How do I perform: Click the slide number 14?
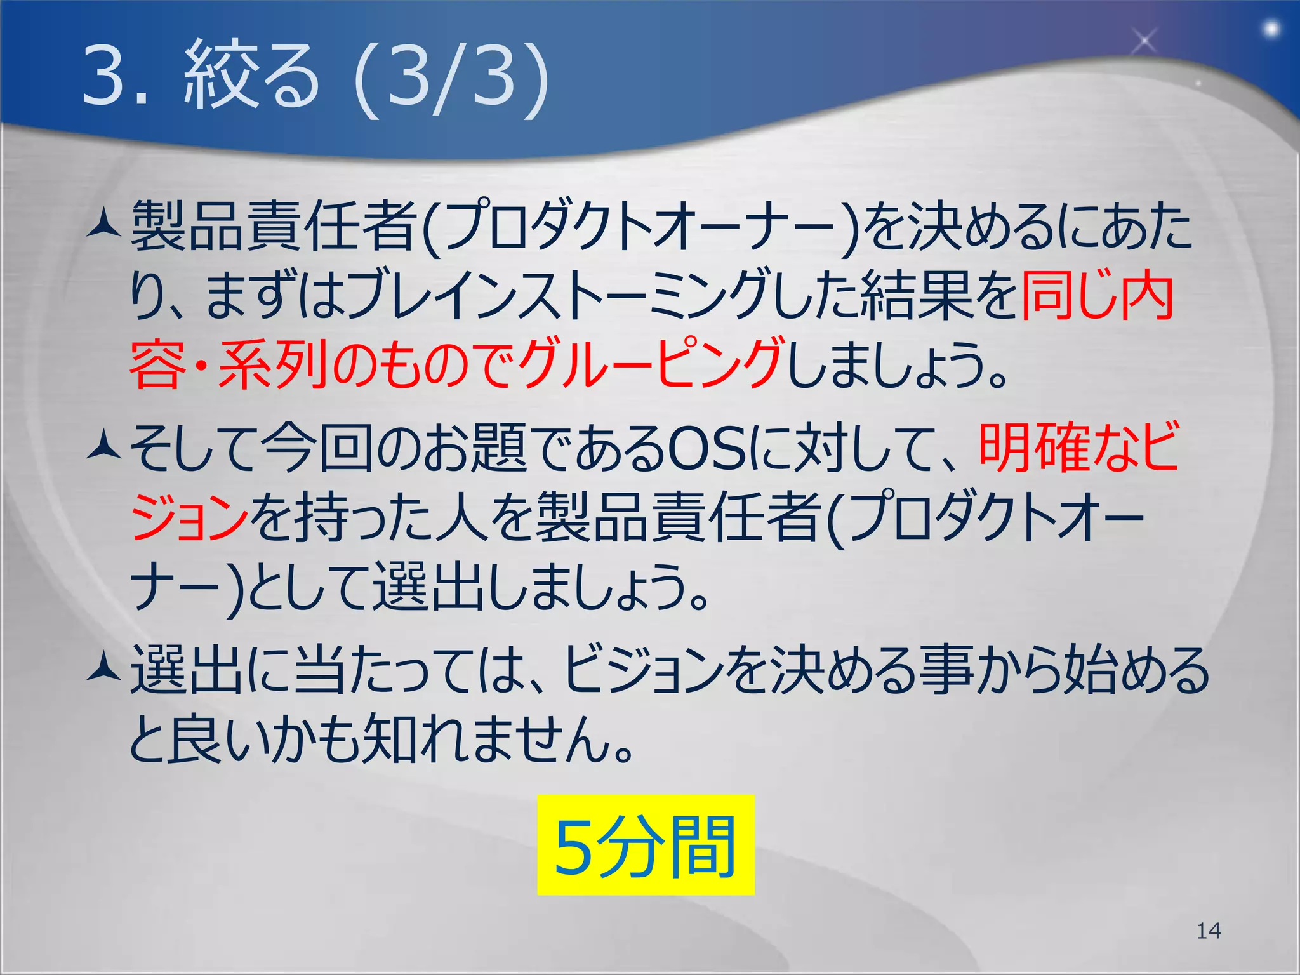tap(1208, 931)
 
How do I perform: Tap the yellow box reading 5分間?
tap(646, 845)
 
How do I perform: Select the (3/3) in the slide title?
tap(451, 77)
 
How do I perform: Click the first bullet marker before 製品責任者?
tap(103, 224)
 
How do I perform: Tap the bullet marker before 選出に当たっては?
tap(103, 670)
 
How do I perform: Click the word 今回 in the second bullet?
tap(317, 449)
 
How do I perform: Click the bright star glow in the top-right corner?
tap(1271, 29)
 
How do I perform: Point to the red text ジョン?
tap(189, 517)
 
